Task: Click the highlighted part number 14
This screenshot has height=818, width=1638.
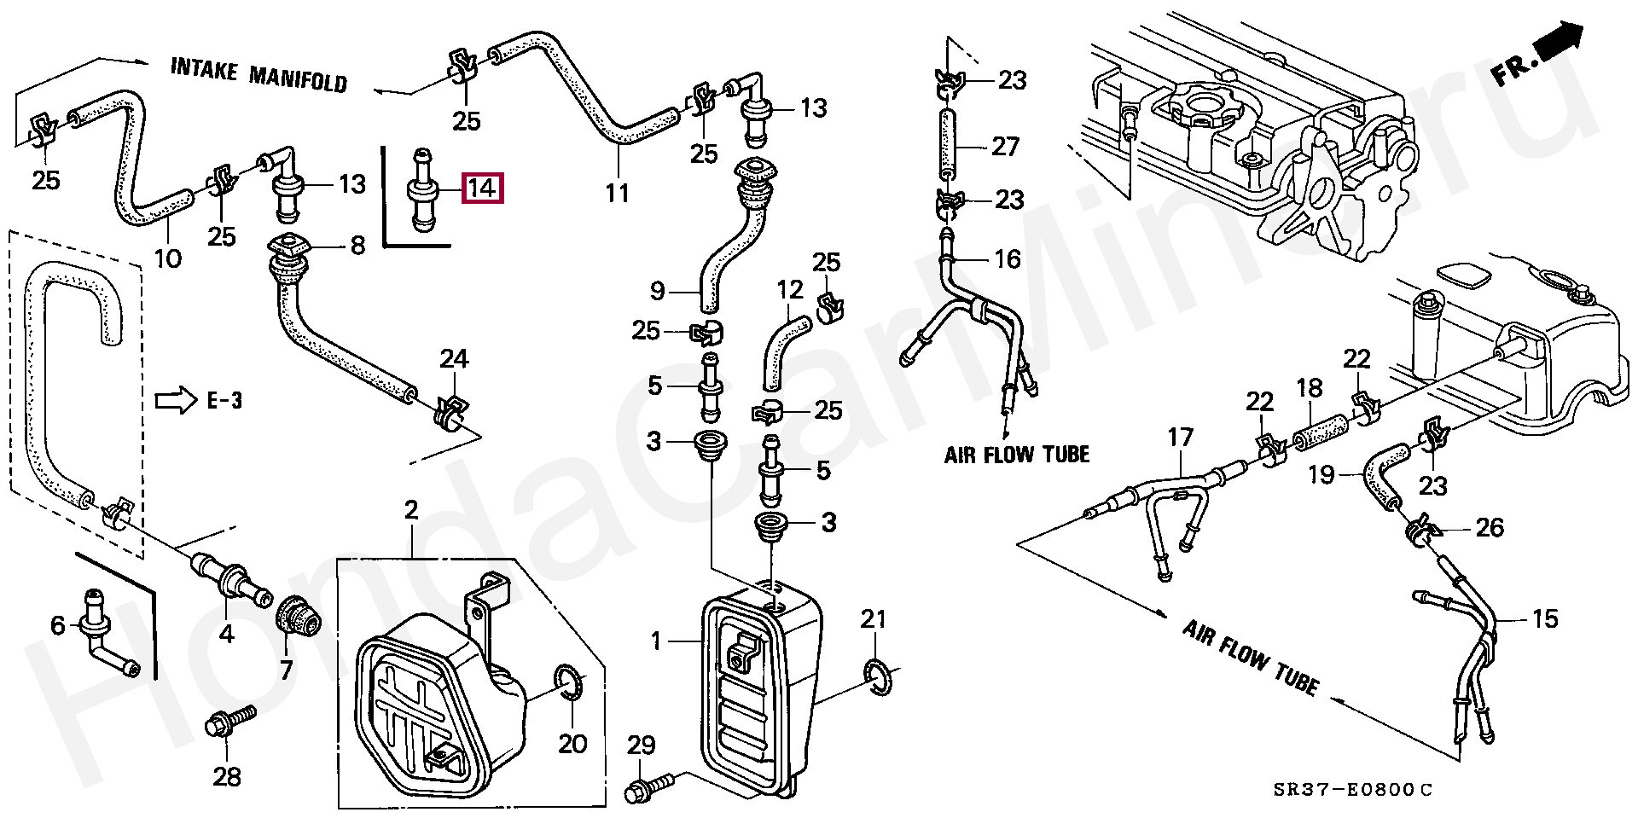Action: point(482,188)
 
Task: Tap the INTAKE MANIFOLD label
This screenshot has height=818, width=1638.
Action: point(258,74)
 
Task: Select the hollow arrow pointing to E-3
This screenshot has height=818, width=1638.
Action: point(176,400)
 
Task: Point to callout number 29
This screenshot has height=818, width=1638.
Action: point(641,745)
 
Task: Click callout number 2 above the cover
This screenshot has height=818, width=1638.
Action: point(411,511)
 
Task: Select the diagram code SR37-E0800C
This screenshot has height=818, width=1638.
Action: point(1353,790)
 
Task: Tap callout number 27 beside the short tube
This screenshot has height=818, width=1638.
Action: point(1005,147)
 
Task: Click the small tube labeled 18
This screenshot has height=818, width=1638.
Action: point(1321,429)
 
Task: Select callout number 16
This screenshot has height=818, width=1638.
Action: point(1008,258)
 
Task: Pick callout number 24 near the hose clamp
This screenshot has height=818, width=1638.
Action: point(454,359)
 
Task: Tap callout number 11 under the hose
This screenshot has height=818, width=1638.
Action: point(617,193)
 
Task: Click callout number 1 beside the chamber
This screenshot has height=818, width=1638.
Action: point(656,641)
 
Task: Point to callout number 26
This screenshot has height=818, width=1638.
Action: point(1490,527)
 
